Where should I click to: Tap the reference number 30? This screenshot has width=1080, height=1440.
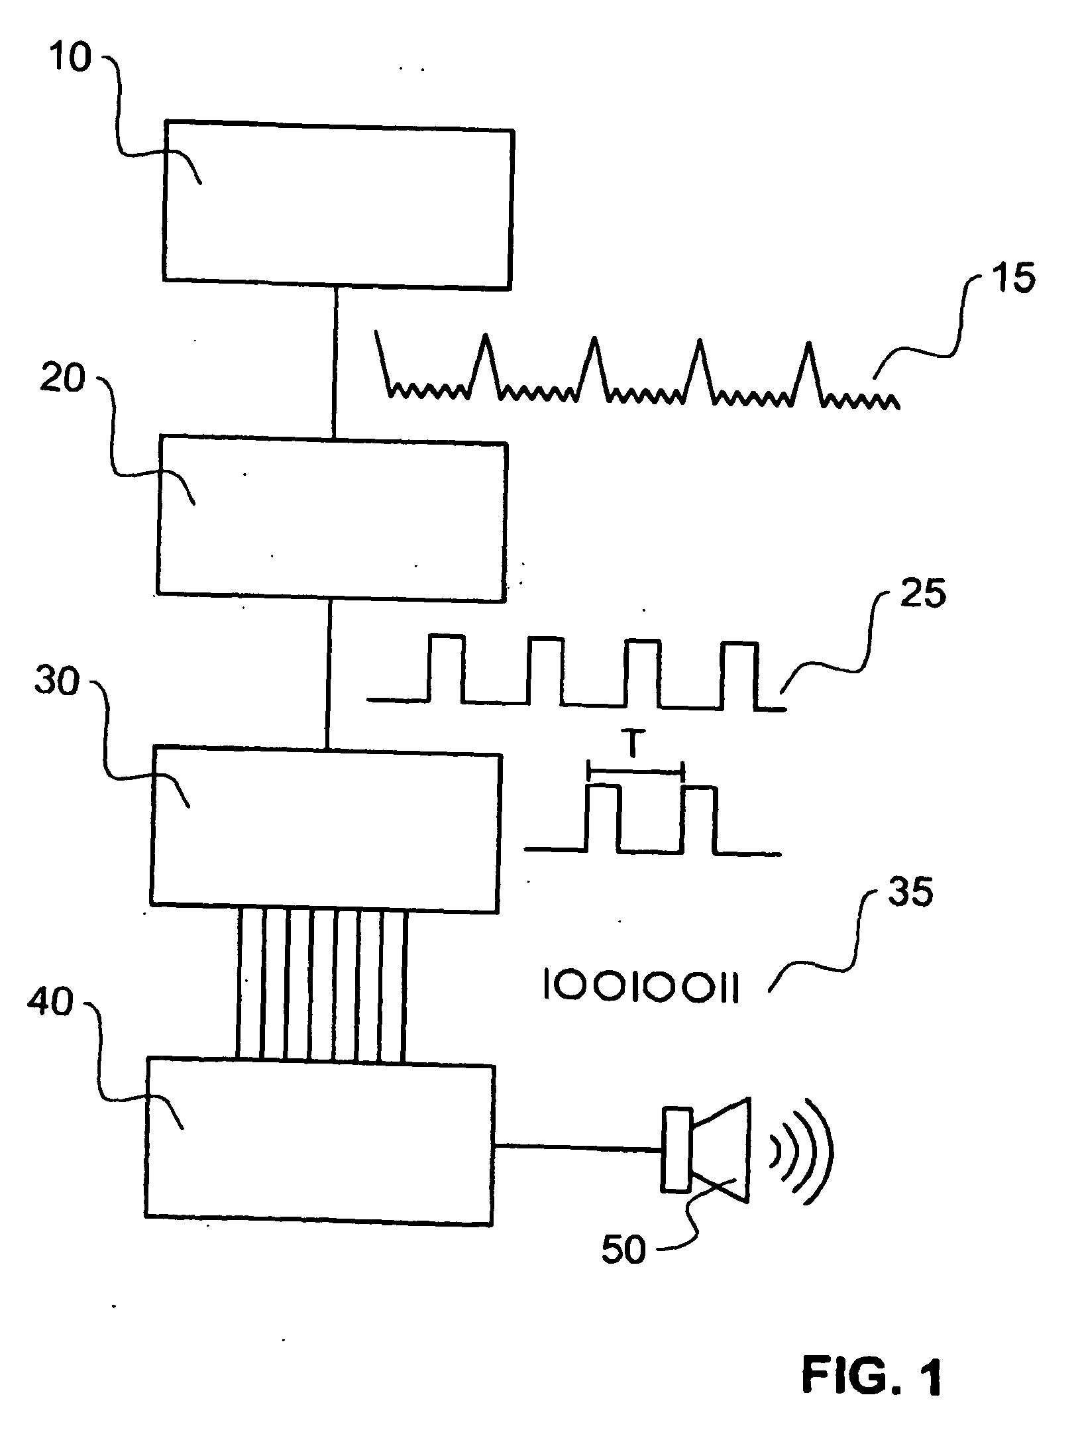point(56,681)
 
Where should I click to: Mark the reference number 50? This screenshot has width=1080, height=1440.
point(623,1250)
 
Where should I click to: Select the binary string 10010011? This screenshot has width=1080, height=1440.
point(640,986)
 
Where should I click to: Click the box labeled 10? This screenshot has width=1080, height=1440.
point(338,204)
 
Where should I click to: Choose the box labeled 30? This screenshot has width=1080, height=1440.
point(325,829)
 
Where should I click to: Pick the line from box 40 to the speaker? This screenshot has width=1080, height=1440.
point(578,1144)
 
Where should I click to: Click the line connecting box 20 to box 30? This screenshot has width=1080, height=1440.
point(329,674)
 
